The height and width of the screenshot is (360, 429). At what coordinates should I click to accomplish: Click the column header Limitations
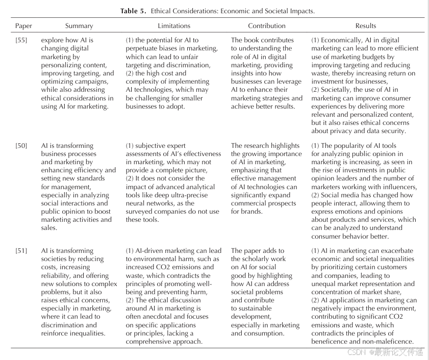tap(174, 26)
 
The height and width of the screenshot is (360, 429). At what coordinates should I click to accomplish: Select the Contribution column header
tap(267, 26)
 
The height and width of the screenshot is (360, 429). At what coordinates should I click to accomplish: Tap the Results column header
tap(365, 26)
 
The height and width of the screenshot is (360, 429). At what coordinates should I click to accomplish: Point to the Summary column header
tap(79, 26)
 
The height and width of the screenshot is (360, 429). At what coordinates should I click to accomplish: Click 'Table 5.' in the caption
tap(134, 11)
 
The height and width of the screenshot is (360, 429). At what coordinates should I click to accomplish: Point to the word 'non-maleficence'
tap(387, 342)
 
